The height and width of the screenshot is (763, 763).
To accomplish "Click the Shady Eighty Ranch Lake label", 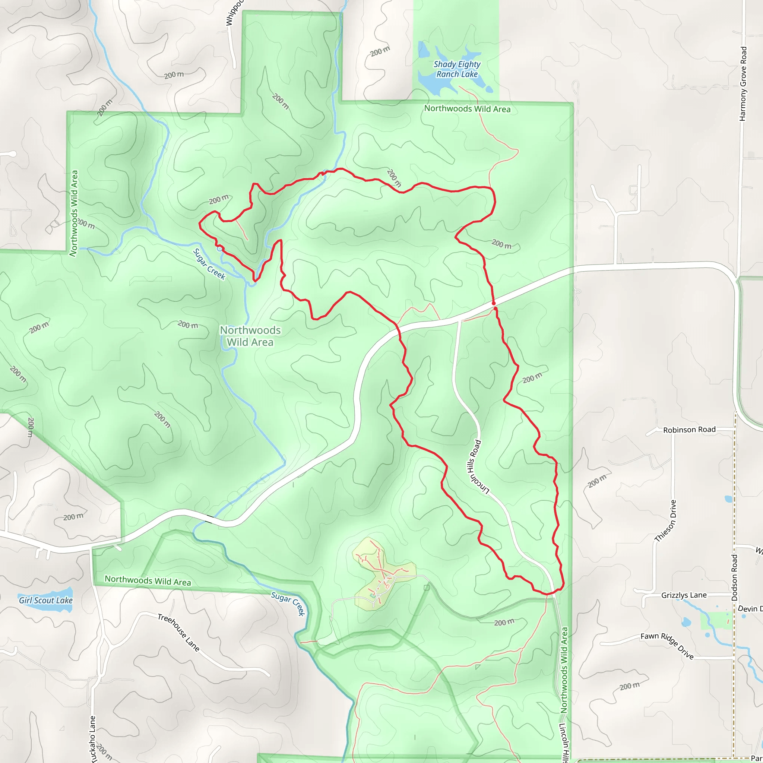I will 457,69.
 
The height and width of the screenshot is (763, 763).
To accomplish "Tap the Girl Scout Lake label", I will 46,600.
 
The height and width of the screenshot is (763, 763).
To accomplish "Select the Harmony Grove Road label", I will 743,84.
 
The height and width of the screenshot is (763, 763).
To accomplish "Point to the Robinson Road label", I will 689,430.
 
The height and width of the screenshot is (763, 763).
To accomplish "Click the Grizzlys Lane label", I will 684,595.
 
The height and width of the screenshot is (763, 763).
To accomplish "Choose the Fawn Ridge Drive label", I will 667,646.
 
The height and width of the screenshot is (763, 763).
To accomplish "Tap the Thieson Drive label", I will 665,521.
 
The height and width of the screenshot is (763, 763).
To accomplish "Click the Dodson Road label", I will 735,577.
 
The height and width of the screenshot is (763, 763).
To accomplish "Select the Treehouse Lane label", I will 178,632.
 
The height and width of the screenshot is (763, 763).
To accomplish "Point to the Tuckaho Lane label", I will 92,739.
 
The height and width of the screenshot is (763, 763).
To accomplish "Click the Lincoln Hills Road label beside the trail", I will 478,466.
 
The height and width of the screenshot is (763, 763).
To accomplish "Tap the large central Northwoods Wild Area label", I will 250,336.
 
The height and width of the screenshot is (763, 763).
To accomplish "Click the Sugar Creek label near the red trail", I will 209,264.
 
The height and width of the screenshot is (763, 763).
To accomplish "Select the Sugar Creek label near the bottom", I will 288,603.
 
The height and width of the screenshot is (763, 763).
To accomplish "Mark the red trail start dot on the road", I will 494,303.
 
